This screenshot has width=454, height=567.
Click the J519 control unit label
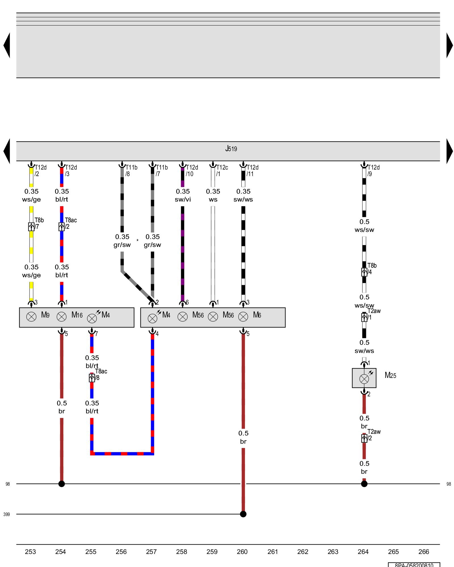coord(231,149)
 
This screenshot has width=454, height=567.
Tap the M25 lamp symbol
coord(364,378)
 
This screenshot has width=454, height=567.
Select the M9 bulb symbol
coord(31,317)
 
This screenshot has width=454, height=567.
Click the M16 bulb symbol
coord(62,317)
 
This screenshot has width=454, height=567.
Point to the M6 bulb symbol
coord(243,317)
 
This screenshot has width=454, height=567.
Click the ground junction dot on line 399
coord(243,514)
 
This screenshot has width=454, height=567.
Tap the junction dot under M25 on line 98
coord(364,484)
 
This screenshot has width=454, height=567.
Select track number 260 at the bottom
coord(242,552)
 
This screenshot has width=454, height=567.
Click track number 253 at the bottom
coord(30,552)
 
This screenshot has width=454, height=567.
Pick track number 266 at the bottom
coord(424,552)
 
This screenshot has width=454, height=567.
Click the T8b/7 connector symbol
coord(31,227)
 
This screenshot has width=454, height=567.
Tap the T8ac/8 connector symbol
coord(92,378)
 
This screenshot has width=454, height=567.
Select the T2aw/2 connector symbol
coord(364,438)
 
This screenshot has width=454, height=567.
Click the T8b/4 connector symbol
coord(364,272)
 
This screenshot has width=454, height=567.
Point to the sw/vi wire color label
coord(183,200)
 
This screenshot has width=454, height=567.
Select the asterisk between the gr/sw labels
coord(138,241)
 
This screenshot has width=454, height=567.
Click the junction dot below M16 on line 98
coord(62,484)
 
